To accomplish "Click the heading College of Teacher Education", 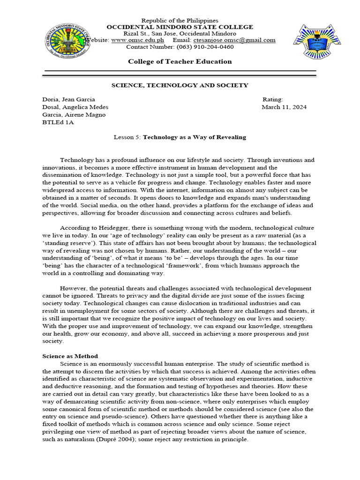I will pos(180,61).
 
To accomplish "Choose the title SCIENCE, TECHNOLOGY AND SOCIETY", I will pos(180,85).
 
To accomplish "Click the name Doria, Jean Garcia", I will pos(68,99).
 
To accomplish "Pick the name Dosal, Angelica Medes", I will pos(75,107).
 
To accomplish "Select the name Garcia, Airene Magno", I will pos(74,115).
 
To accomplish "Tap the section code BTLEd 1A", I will pos(58,122).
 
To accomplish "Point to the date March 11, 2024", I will pos(284,107).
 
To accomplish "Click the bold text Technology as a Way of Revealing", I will pos(194,137).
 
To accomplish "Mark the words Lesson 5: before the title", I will pos(127,137).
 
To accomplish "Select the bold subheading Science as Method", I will pos(70,356).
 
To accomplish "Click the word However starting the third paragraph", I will pos(74,288).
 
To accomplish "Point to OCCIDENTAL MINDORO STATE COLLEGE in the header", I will pos(180,27).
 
